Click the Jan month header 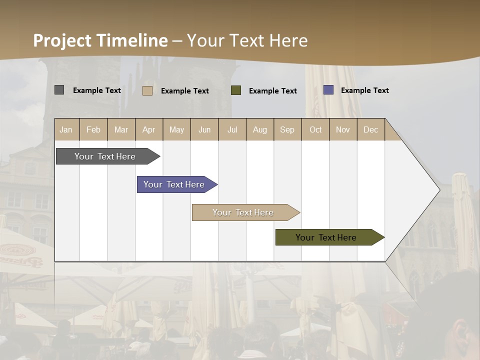click(66, 129)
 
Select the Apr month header click(148, 129)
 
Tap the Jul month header click(232, 129)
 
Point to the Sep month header click(287, 129)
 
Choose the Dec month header click(370, 129)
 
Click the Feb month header click(93, 129)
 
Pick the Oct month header click(315, 129)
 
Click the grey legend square click(59, 90)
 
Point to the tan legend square click(147, 90)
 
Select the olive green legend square click(236, 90)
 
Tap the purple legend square click(328, 90)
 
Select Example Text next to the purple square click(364, 90)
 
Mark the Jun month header click(204, 129)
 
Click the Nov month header click(343, 129)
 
